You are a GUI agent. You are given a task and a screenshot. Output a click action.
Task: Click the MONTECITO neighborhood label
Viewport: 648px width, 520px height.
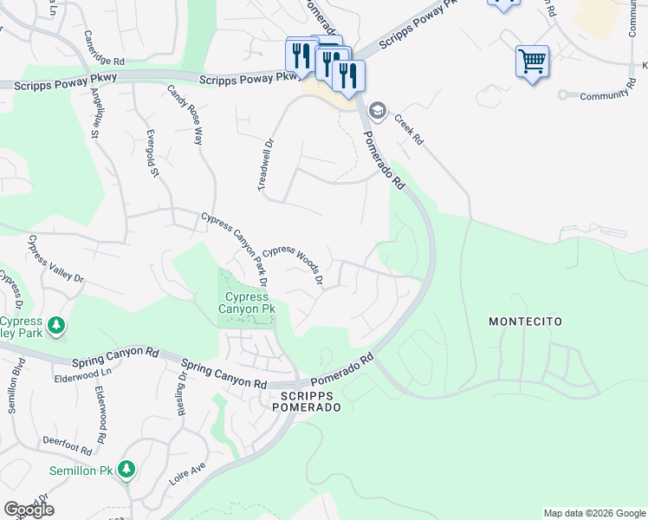click(525, 322)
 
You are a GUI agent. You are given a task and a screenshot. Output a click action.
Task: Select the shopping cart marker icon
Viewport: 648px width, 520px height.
click(532, 62)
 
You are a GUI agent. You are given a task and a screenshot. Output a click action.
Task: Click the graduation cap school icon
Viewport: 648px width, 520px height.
click(377, 111)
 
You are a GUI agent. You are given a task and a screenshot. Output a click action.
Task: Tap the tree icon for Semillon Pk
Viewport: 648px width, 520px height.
click(126, 469)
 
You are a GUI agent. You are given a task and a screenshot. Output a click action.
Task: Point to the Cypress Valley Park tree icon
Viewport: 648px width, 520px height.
click(56, 326)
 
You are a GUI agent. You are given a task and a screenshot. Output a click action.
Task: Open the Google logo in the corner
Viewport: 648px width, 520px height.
click(29, 510)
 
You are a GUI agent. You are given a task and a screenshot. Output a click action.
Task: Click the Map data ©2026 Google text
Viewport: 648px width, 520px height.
click(593, 513)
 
